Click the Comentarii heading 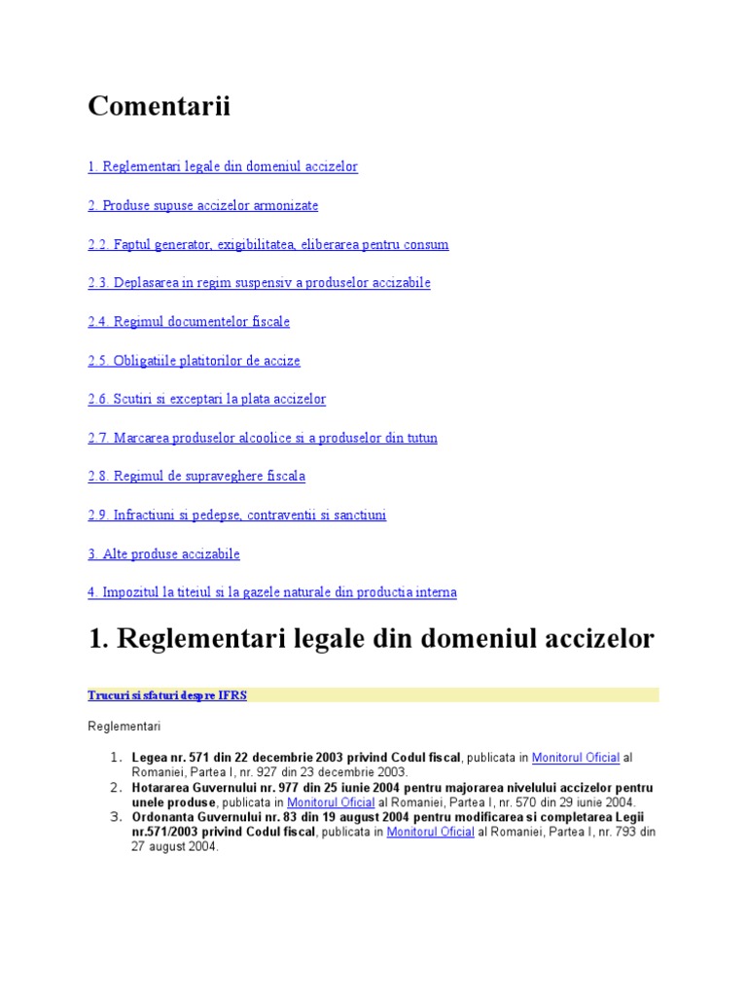tap(159, 106)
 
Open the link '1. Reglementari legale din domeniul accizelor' tap(223, 167)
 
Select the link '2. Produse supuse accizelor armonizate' tap(202, 206)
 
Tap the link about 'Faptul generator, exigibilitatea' tap(267, 245)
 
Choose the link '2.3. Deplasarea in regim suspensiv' tap(259, 283)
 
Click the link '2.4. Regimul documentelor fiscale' tap(189, 322)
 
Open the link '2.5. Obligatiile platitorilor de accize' tap(194, 361)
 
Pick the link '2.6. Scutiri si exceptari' tap(206, 400)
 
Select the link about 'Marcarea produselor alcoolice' tap(263, 439)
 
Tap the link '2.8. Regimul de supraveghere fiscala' tap(196, 477)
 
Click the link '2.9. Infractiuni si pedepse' tap(236, 516)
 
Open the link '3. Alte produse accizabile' tap(163, 554)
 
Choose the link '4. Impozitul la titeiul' tap(272, 592)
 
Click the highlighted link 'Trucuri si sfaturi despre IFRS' tap(167, 695)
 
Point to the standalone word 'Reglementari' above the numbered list tap(124, 727)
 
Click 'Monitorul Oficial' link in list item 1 tap(575, 758)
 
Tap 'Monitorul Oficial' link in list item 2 tap(331, 803)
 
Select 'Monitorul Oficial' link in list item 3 tap(430, 833)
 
